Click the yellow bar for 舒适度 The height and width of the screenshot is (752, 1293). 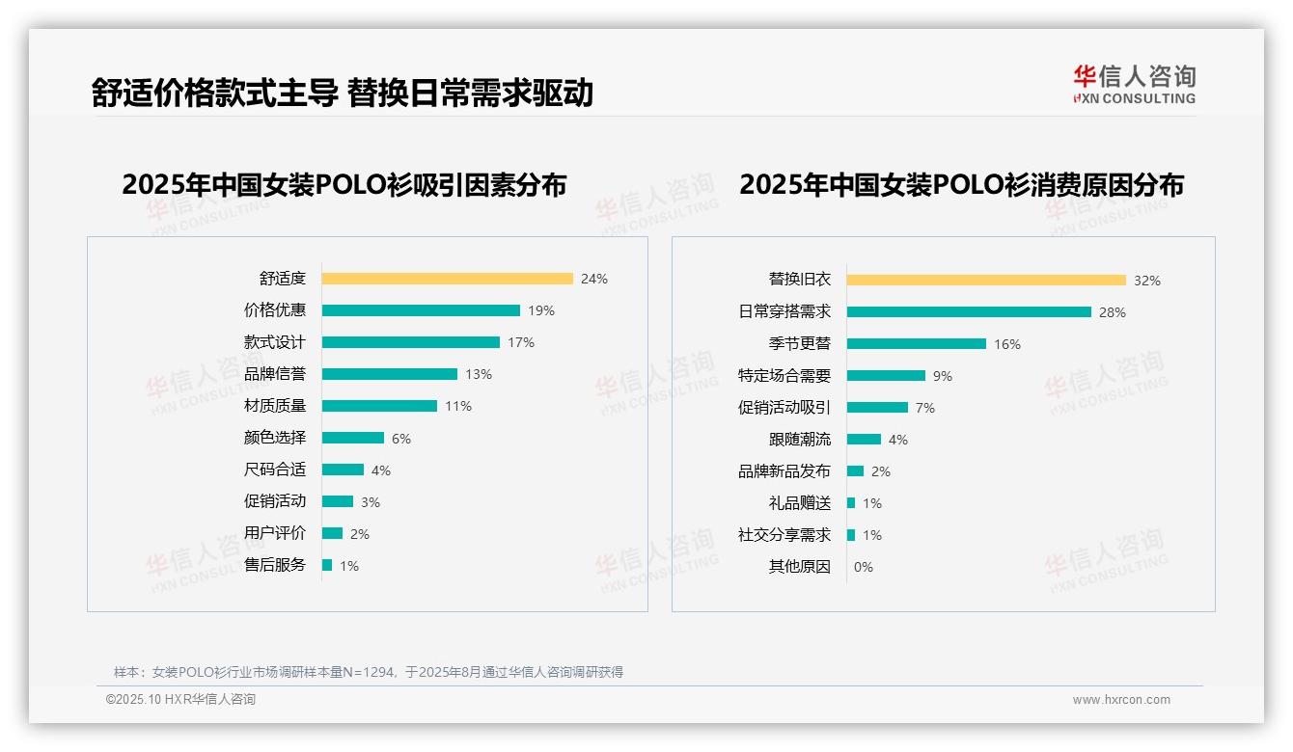pyautogui.click(x=447, y=279)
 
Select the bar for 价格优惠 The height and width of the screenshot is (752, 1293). pyautogui.click(x=421, y=310)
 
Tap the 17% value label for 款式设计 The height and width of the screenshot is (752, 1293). pyautogui.click(x=521, y=342)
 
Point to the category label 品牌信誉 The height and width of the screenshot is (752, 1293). pyautogui.click(x=275, y=374)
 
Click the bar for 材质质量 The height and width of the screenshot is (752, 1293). pyautogui.click(x=379, y=406)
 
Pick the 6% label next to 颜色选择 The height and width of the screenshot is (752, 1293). pyautogui.click(x=401, y=439)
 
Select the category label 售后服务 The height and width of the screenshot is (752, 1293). pyautogui.click(x=275, y=565)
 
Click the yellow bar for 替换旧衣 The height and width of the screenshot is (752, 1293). pyautogui.click(x=986, y=281)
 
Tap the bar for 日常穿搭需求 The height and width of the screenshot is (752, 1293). pyautogui.click(x=969, y=312)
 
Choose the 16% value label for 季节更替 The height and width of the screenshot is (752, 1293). pyautogui.click(x=1007, y=344)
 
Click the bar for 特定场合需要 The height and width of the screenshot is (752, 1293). pyautogui.click(x=886, y=376)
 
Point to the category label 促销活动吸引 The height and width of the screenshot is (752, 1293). pyautogui.click(x=784, y=408)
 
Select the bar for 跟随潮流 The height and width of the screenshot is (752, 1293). pyautogui.click(x=864, y=440)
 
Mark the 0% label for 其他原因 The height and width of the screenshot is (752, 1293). pyautogui.click(x=864, y=567)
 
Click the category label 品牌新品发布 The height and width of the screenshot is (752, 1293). pyautogui.click(x=784, y=471)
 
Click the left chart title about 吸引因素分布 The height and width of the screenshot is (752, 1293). pyautogui.click(x=344, y=184)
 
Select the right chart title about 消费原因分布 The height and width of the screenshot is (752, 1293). pyautogui.click(x=961, y=184)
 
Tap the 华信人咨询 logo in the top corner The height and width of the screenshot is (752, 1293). pyautogui.click(x=1134, y=84)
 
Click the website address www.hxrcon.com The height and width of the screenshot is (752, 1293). pyautogui.click(x=1121, y=700)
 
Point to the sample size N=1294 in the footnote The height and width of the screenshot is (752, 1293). pyautogui.click(x=366, y=672)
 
